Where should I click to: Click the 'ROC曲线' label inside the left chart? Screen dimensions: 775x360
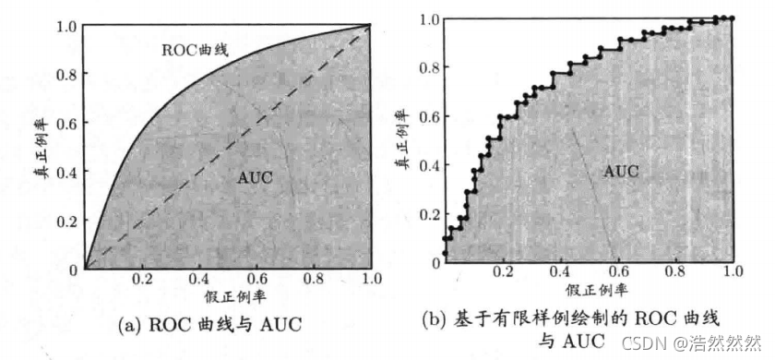point(196,51)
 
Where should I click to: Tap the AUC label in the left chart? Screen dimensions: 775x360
point(254,177)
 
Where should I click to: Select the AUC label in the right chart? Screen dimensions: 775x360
point(620,172)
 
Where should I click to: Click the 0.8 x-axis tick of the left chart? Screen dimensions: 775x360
point(314,279)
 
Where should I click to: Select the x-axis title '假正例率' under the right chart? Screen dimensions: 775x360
point(597,289)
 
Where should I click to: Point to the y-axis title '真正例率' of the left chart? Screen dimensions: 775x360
point(44,148)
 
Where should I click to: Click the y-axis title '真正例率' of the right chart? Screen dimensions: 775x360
point(403,140)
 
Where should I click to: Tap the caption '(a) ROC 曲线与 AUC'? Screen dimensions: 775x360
point(209,325)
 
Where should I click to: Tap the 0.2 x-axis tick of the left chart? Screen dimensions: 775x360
point(143,279)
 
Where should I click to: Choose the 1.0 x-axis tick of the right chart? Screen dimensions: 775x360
point(733,271)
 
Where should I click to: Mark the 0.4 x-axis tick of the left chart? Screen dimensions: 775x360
point(199,279)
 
